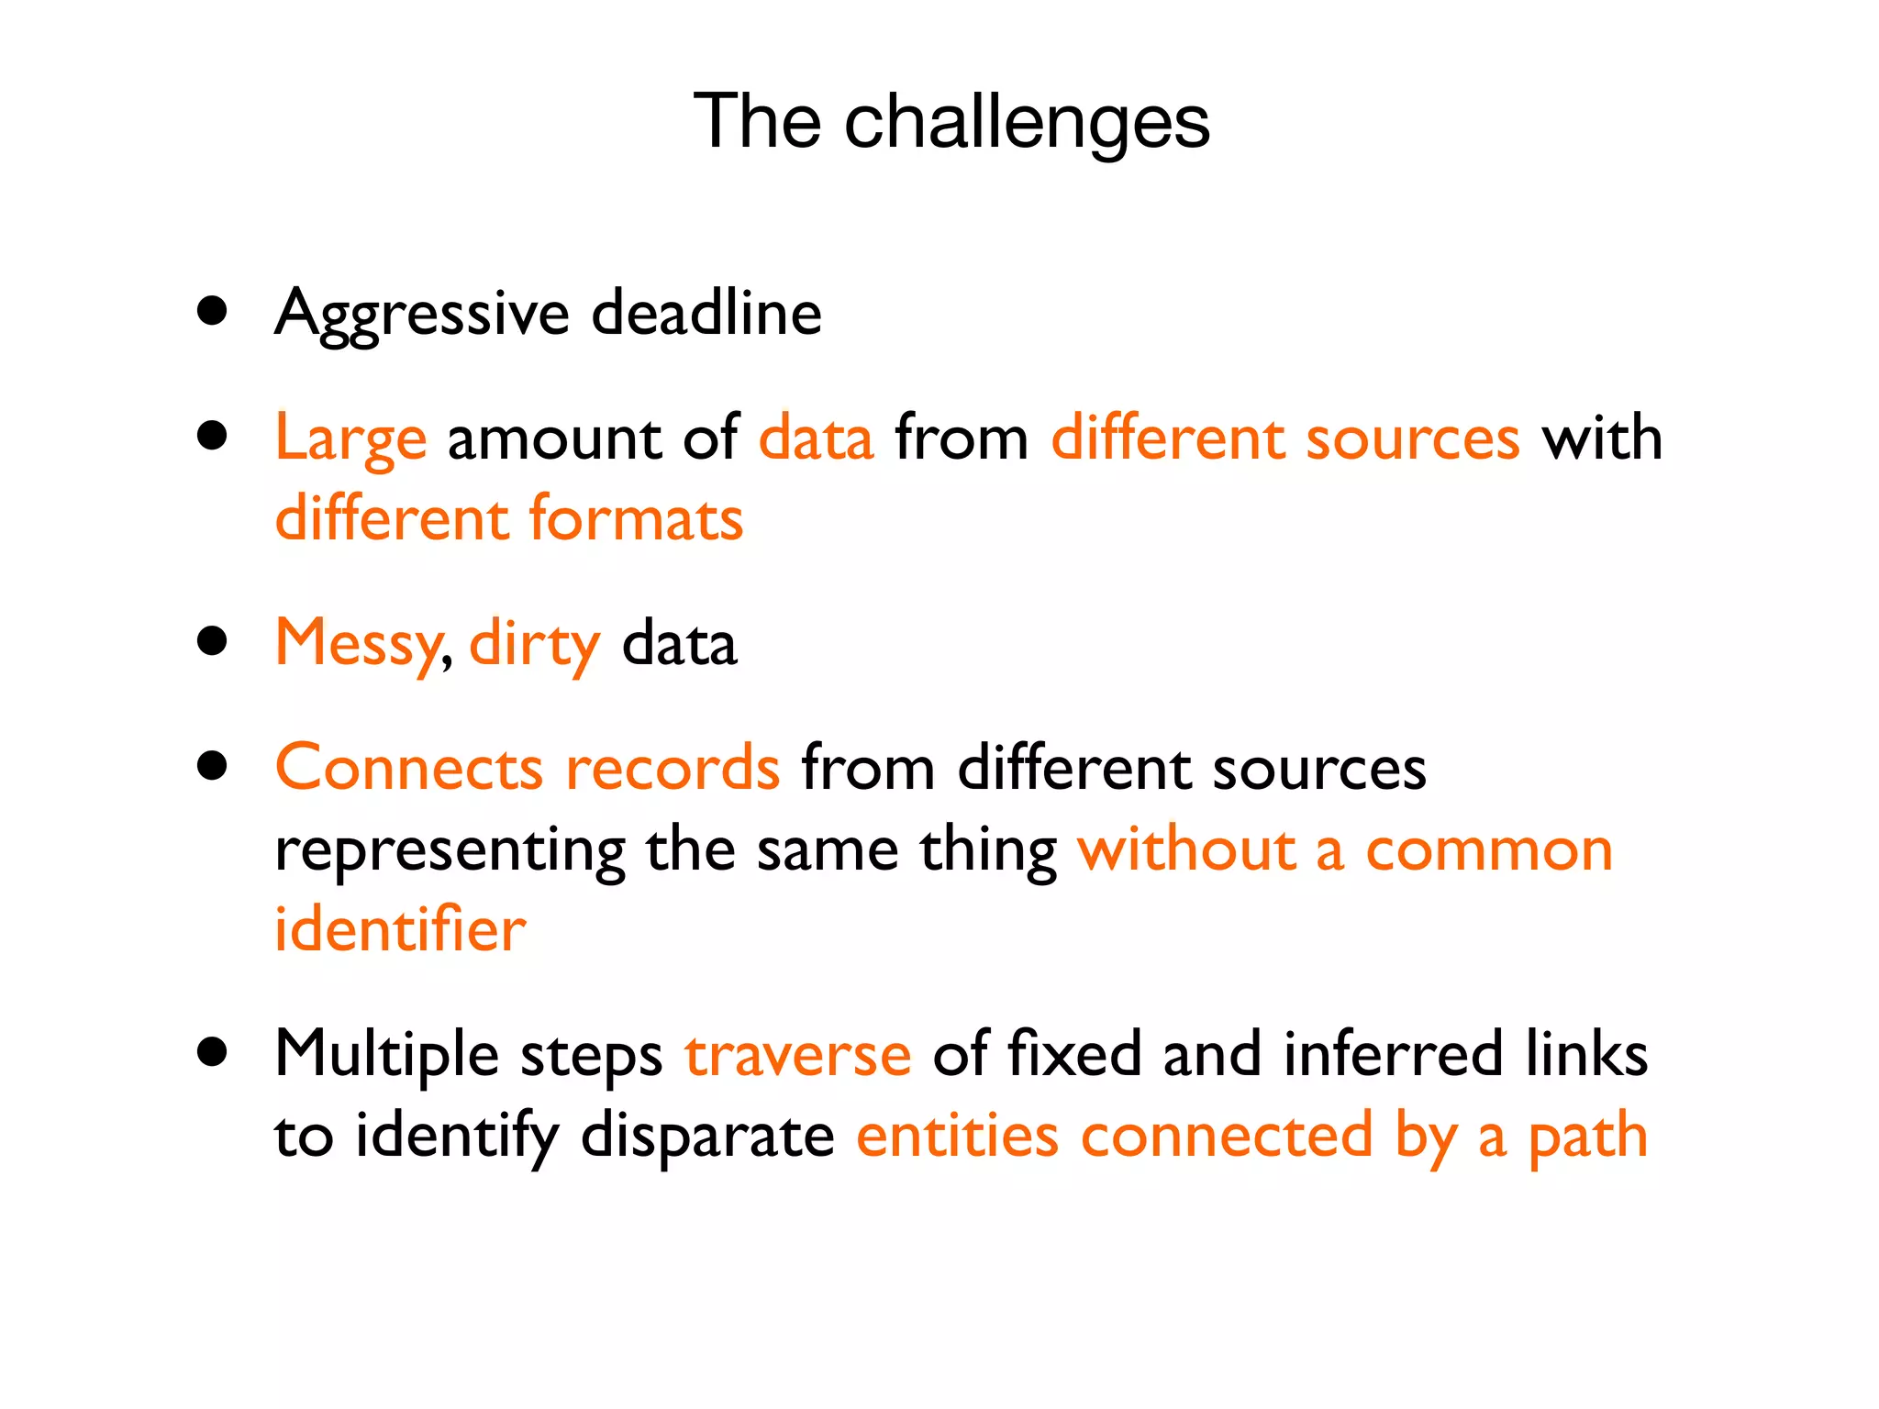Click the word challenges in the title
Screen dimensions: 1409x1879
click(x=1027, y=123)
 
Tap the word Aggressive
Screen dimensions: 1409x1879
click(x=422, y=314)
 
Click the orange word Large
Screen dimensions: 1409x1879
click(x=350, y=438)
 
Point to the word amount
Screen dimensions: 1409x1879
click(x=553, y=438)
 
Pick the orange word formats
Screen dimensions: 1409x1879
click(x=636, y=519)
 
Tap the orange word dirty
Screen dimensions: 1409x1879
click(x=535, y=644)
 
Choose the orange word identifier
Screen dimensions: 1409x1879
click(x=400, y=930)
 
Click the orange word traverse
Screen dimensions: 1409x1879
click(x=797, y=1055)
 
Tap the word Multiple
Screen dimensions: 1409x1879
click(x=386, y=1055)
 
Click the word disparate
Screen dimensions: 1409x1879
click(x=707, y=1136)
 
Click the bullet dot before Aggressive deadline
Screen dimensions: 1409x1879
click(x=212, y=310)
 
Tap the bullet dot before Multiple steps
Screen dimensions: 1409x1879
click(x=212, y=1051)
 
